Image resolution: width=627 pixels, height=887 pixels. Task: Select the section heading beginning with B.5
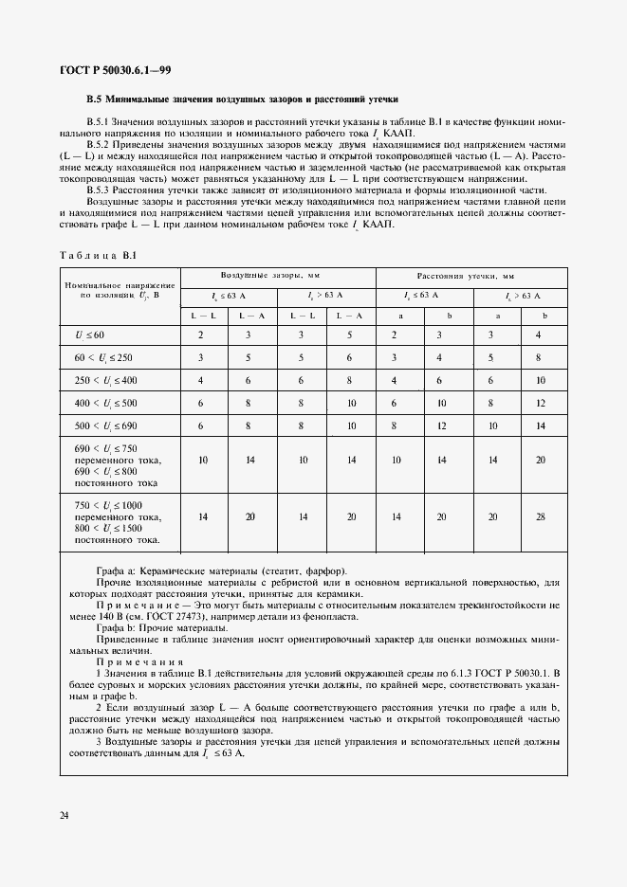click(x=243, y=99)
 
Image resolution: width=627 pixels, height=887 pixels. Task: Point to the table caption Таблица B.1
click(x=99, y=256)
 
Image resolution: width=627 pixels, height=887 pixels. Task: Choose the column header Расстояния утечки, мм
click(x=471, y=276)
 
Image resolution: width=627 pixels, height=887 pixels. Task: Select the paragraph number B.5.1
click(x=100, y=122)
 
